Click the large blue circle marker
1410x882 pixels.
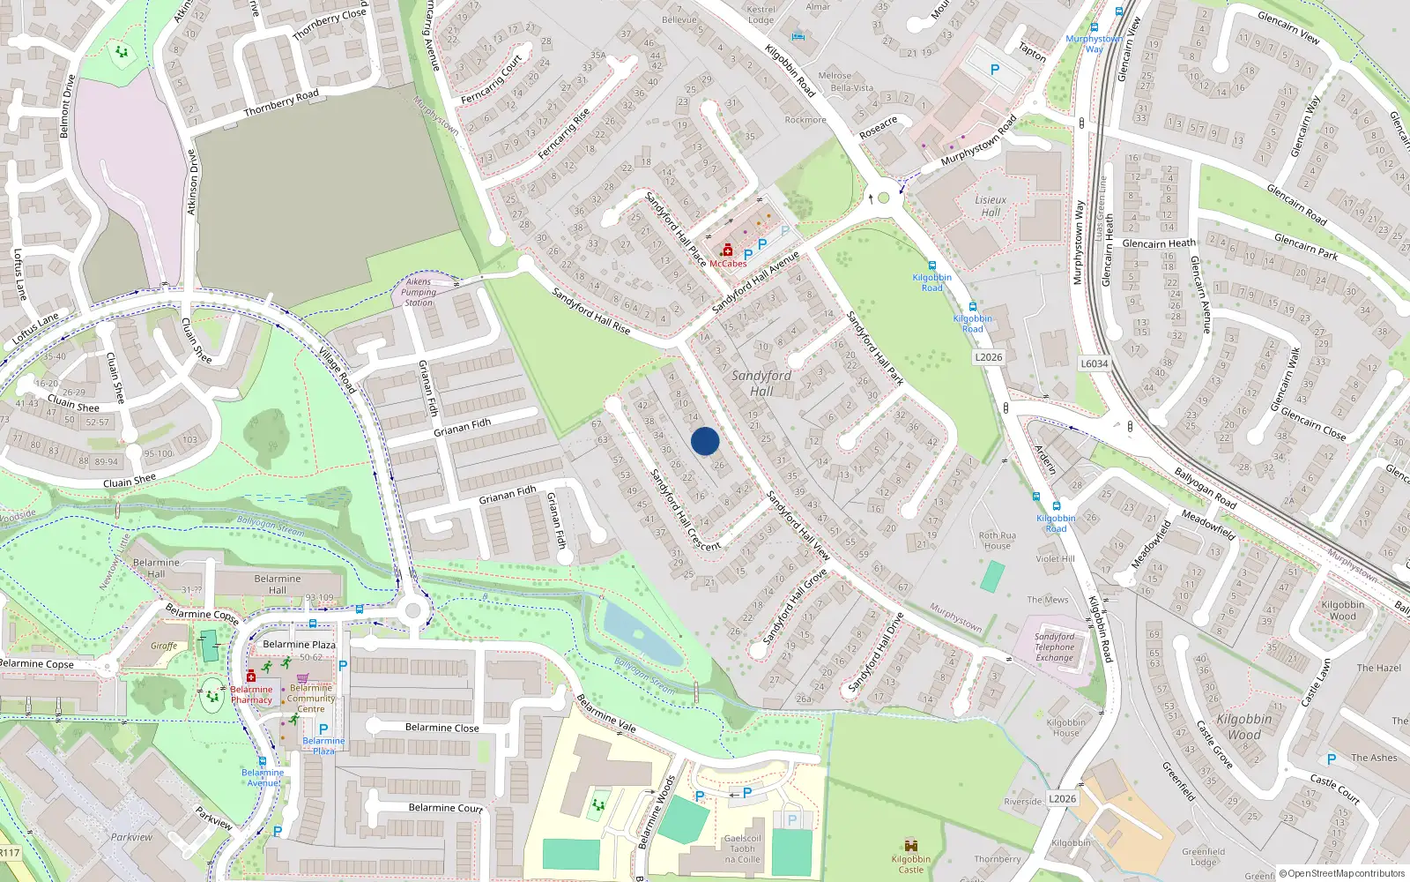coord(705,441)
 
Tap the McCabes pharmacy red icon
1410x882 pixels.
coord(727,250)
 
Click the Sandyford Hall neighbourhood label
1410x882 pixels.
coord(761,383)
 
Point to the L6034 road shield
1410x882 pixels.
coord(1094,363)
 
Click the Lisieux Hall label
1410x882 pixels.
coord(991,206)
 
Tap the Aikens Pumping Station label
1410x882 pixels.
coord(419,292)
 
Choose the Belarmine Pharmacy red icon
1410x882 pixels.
coord(251,676)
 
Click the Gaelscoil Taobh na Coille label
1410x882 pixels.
coord(742,848)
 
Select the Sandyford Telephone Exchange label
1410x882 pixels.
coord(1054,647)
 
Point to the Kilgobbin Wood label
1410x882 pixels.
coord(1243,726)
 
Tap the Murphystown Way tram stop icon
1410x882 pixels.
coord(1094,27)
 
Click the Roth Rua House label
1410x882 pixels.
coord(997,540)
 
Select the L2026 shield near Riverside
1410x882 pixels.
coord(1062,798)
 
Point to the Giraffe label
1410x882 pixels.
coord(164,646)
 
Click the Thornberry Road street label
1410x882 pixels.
coord(281,103)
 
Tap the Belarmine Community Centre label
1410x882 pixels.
coord(311,698)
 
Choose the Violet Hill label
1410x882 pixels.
coord(1055,558)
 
